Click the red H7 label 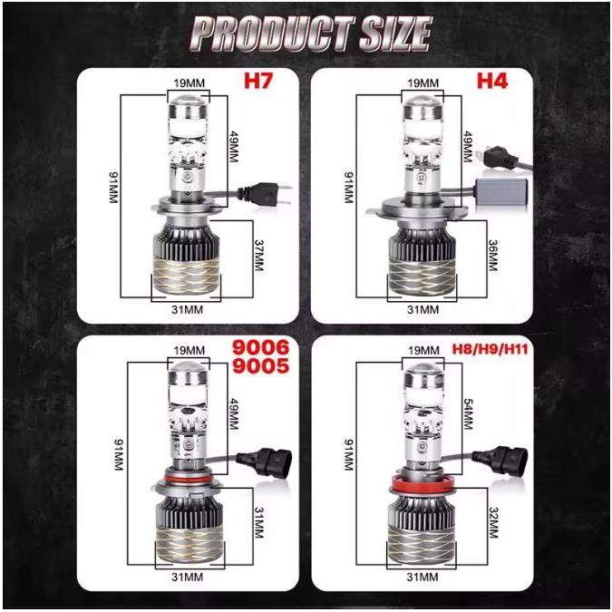[258, 81]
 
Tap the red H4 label [492, 81]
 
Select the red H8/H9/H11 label [490, 348]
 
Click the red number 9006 [261, 347]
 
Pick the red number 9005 [261, 365]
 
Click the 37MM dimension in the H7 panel [258, 255]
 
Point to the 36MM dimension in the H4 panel [492, 255]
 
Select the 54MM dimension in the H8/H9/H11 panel [469, 413]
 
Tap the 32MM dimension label [494, 522]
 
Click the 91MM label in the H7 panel [112, 188]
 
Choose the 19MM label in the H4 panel [423, 83]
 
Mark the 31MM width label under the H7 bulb [188, 309]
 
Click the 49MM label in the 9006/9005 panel [233, 413]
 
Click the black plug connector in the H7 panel [264, 194]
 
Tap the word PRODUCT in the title [273, 34]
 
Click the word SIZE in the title [395, 34]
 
